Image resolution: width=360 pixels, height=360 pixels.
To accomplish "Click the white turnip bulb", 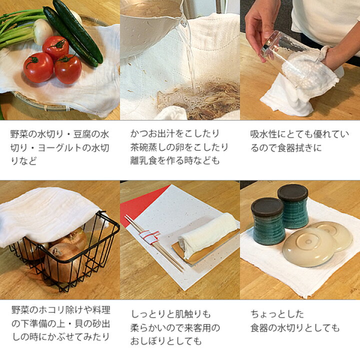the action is pyautogui.click(x=43, y=31).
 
